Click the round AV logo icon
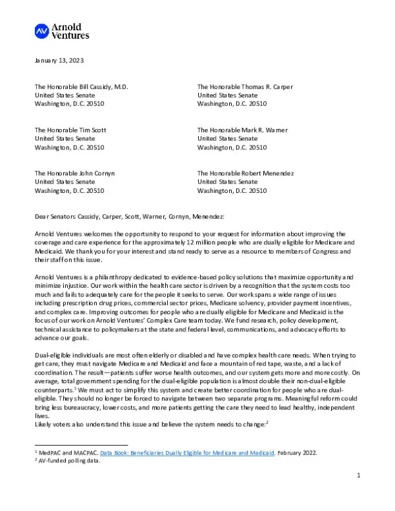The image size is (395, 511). pyautogui.click(x=41, y=30)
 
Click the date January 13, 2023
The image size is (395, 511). pyautogui.click(x=59, y=61)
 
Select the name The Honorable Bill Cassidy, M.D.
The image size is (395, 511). pyautogui.click(x=81, y=87)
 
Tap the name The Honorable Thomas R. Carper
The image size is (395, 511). pyautogui.click(x=245, y=87)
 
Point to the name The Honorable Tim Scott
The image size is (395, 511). pyautogui.click(x=70, y=130)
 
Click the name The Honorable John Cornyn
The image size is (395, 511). pyautogui.click(x=74, y=173)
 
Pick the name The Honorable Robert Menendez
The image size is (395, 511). pyautogui.click(x=246, y=173)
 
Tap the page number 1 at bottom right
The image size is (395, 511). pyautogui.click(x=359, y=493)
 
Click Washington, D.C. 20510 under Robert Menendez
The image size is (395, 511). pyautogui.click(x=232, y=191)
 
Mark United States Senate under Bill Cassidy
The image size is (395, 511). pyautogui.click(x=65, y=95)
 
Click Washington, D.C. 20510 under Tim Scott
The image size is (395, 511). pyautogui.click(x=69, y=148)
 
